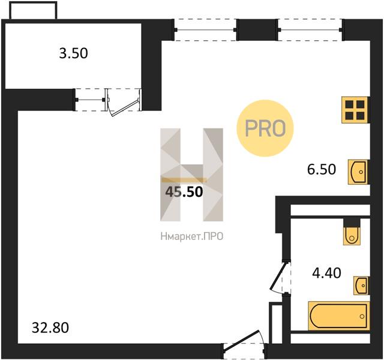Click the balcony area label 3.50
[x=73, y=53]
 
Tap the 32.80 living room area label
[x=50, y=328]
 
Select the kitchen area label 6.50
[x=322, y=169]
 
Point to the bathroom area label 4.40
[x=326, y=273]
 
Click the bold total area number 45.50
[x=184, y=192]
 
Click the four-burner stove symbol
[x=355, y=110]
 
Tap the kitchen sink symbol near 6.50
[x=358, y=172]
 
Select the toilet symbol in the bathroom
[x=352, y=236]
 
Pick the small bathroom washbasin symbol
[x=361, y=286]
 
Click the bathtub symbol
[x=338, y=316]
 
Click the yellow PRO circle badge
[x=265, y=128]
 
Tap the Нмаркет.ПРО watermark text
[x=192, y=237]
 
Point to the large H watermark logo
[x=192, y=175]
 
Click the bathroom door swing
[x=278, y=276]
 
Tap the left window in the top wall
[x=205, y=30]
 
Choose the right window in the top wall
[x=310, y=30]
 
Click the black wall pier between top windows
[x=257, y=30]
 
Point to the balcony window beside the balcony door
[x=90, y=100]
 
